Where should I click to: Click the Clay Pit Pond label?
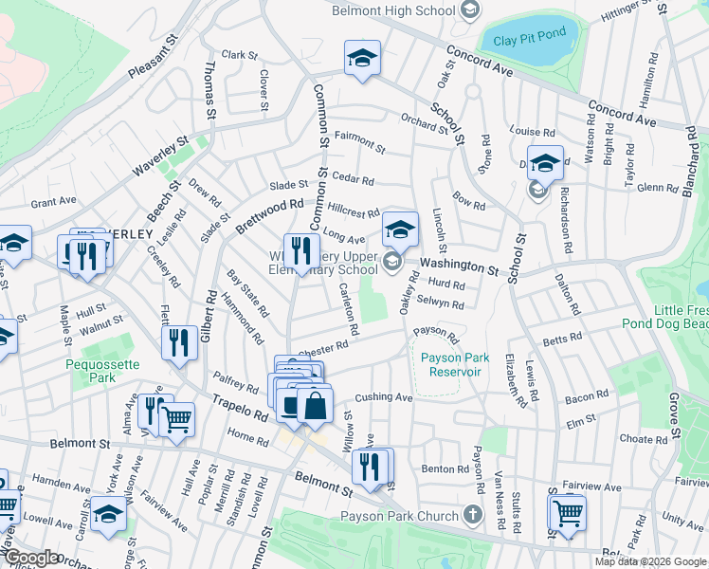pyautogui.click(x=529, y=34)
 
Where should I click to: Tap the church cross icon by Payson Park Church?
pyautogui.click(x=475, y=515)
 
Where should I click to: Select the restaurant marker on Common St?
pyautogui.click(x=302, y=252)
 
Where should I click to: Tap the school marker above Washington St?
pyautogui.click(x=401, y=230)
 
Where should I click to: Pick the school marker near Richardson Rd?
pyautogui.click(x=545, y=164)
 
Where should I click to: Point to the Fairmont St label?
pyautogui.click(x=359, y=142)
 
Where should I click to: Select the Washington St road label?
pyautogui.click(x=459, y=266)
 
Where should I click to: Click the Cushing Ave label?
pyautogui.click(x=384, y=397)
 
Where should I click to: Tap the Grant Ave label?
pyautogui.click(x=53, y=201)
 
